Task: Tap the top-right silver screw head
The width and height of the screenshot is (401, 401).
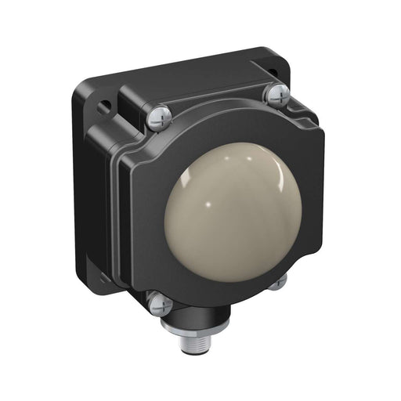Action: tap(277, 94)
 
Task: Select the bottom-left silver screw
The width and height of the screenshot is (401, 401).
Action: tap(159, 302)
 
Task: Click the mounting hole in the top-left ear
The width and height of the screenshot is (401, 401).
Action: tap(103, 102)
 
